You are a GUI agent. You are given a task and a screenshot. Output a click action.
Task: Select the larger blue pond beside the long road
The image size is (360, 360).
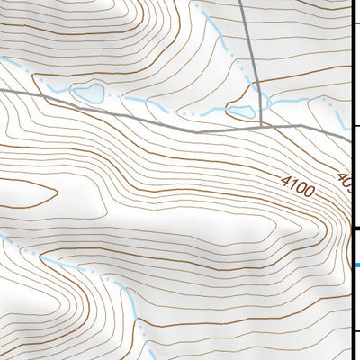coord(88,93)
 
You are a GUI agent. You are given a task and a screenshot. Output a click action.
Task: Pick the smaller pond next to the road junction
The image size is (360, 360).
coord(240,112)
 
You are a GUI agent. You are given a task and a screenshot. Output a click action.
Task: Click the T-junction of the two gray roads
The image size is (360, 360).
coord(261,125)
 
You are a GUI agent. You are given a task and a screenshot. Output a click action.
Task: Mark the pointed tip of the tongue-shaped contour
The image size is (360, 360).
coord(57,191)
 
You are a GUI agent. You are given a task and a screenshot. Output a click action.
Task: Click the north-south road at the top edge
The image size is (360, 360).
coord(245,3)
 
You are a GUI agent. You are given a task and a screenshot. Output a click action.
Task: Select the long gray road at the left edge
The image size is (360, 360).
coord(3,90)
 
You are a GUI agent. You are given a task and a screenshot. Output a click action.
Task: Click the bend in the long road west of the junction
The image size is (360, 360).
coord(200,131)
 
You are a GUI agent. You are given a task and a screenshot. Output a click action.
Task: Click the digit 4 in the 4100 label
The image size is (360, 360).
coord(284,181)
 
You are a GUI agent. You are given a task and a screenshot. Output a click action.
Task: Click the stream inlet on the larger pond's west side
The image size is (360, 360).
coord(74,90)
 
